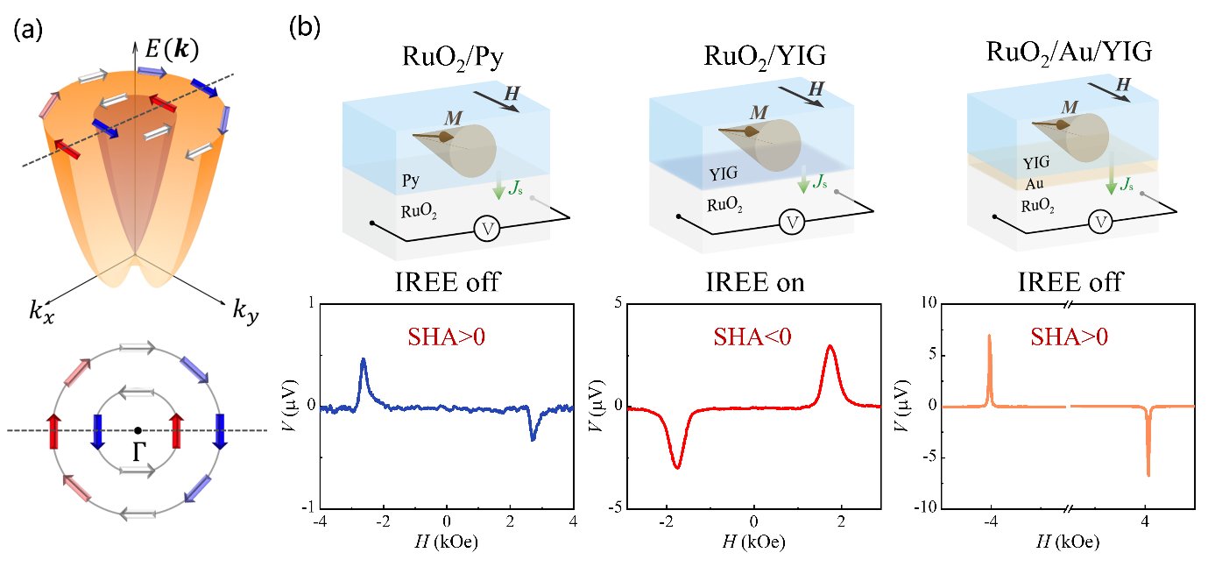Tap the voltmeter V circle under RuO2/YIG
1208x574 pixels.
point(793,223)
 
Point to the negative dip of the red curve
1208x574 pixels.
point(676,467)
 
